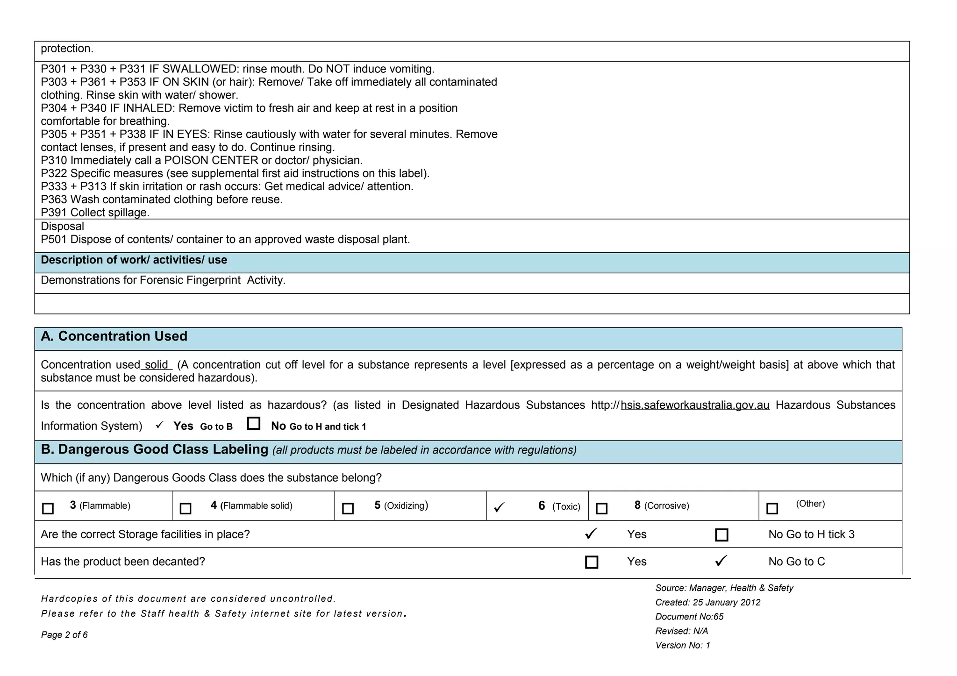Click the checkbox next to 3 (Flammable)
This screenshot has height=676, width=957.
(x=48, y=508)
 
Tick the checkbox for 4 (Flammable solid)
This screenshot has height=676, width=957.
(x=186, y=508)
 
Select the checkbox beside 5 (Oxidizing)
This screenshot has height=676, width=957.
(x=348, y=508)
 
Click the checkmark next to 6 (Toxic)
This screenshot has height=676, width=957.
(x=499, y=507)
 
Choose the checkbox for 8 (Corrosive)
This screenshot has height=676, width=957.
(x=602, y=508)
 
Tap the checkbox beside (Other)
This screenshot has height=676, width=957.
(x=772, y=508)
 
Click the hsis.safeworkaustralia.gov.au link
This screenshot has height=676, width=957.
(x=695, y=405)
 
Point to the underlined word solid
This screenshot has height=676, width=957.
(x=157, y=365)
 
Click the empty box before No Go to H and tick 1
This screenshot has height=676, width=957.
(x=254, y=423)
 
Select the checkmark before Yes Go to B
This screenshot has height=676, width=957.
(x=160, y=425)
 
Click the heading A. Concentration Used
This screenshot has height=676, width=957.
(x=114, y=336)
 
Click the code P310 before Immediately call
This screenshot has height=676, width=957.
(x=54, y=161)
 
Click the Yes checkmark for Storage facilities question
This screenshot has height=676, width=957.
(x=591, y=534)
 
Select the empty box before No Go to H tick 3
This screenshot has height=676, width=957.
(x=721, y=535)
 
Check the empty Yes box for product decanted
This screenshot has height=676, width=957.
(x=592, y=562)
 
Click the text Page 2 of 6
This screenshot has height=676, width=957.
(x=64, y=635)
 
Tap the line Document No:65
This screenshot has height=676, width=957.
(x=689, y=617)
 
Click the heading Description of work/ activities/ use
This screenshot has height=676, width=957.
(x=134, y=260)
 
